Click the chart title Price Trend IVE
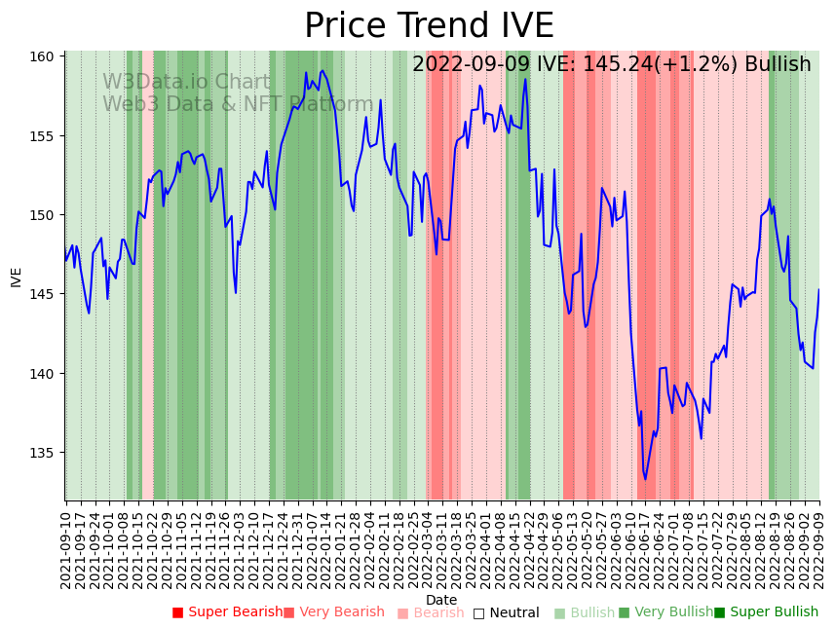click(x=429, y=26)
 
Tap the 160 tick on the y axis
click(x=46, y=56)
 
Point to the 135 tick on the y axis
click(x=46, y=453)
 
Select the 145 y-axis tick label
click(x=46, y=294)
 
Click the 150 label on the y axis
click(x=46, y=215)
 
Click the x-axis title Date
click(x=441, y=600)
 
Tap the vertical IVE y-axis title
click(x=17, y=277)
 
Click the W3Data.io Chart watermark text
click(x=186, y=82)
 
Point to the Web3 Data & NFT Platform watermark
click(x=238, y=104)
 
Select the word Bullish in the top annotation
click(x=778, y=64)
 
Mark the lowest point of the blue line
click(x=645, y=479)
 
